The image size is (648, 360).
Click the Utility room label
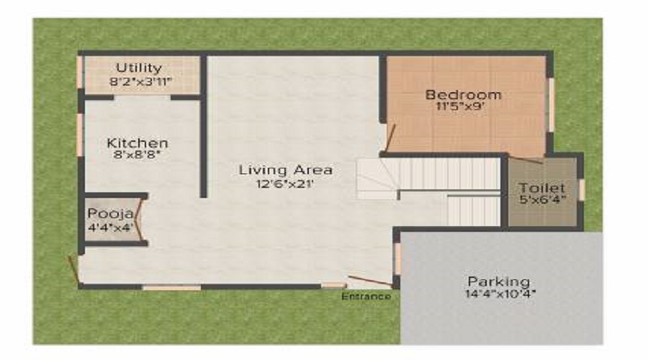click(139, 68)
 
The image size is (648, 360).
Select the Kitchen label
click(138, 143)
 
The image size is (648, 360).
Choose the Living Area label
click(286, 170)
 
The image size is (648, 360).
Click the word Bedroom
click(463, 94)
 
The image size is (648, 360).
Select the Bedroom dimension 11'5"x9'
click(463, 107)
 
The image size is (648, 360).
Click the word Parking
click(498, 281)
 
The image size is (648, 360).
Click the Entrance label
click(366, 297)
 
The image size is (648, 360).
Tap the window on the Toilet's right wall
click(581, 189)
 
